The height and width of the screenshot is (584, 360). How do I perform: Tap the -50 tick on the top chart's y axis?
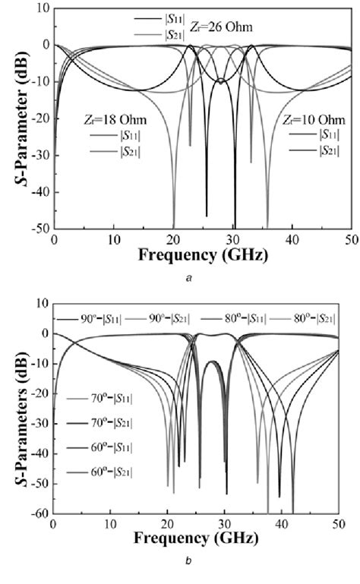39,229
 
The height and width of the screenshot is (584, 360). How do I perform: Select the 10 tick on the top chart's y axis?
42,8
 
